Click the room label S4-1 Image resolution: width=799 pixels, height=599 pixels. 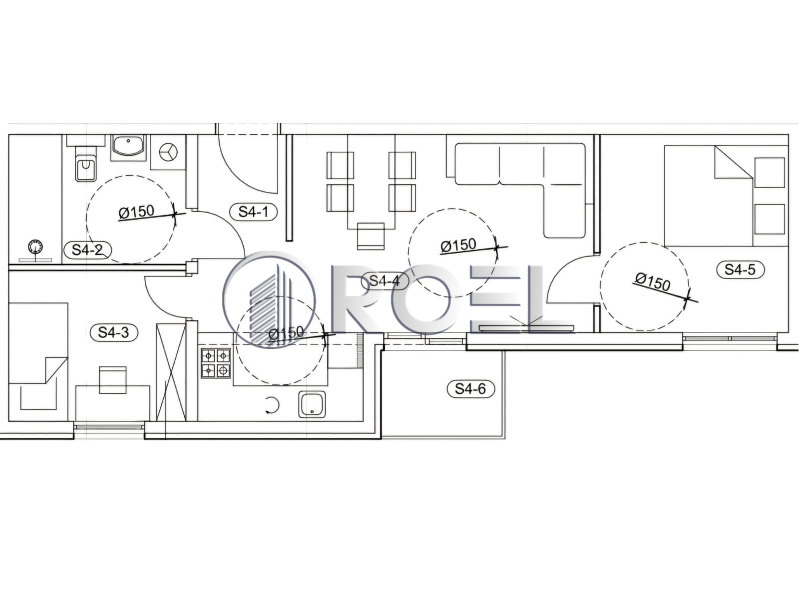click(253, 211)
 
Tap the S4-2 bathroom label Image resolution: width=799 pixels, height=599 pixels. click(87, 250)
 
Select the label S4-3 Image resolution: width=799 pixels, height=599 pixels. click(113, 332)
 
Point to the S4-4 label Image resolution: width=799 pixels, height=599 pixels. click(385, 281)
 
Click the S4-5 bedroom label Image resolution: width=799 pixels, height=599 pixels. click(740, 270)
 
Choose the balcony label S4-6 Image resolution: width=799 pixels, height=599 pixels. click(471, 389)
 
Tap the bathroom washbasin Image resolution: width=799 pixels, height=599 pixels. click(128, 147)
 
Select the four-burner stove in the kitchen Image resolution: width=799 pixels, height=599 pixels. click(216, 362)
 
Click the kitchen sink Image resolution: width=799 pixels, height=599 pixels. click(312, 404)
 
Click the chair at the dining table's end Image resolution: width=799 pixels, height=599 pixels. click(371, 236)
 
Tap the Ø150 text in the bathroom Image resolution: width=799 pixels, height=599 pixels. click(136, 212)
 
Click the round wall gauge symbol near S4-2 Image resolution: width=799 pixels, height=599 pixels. click(35, 247)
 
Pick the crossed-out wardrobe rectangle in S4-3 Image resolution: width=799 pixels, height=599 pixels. click(171, 372)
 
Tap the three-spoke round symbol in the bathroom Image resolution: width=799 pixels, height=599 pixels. click(168, 152)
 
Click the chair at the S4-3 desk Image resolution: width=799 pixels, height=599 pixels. click(113, 380)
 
